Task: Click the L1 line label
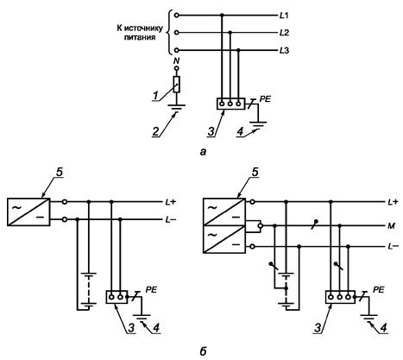pyautogui.click(x=284, y=16)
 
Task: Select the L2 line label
pyautogui.click(x=284, y=33)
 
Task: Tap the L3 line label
pyautogui.click(x=284, y=51)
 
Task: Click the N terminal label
pyautogui.click(x=177, y=60)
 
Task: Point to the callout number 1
pyautogui.click(x=155, y=96)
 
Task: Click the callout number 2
pyautogui.click(x=155, y=131)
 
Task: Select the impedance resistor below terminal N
pyautogui.click(x=177, y=85)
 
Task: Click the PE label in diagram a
pyautogui.click(x=265, y=99)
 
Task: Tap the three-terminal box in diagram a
pyautogui.click(x=230, y=104)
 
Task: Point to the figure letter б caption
pyautogui.click(x=203, y=351)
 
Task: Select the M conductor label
pyautogui.click(x=391, y=226)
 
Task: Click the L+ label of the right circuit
pyautogui.click(x=393, y=202)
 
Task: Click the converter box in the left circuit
pyautogui.click(x=28, y=212)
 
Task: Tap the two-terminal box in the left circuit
pyautogui.click(x=116, y=297)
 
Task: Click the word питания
pyautogui.click(x=140, y=37)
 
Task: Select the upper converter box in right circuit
pyautogui.click(x=224, y=212)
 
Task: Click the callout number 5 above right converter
pyautogui.click(x=255, y=173)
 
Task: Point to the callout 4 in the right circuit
pyautogui.click(x=383, y=328)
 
